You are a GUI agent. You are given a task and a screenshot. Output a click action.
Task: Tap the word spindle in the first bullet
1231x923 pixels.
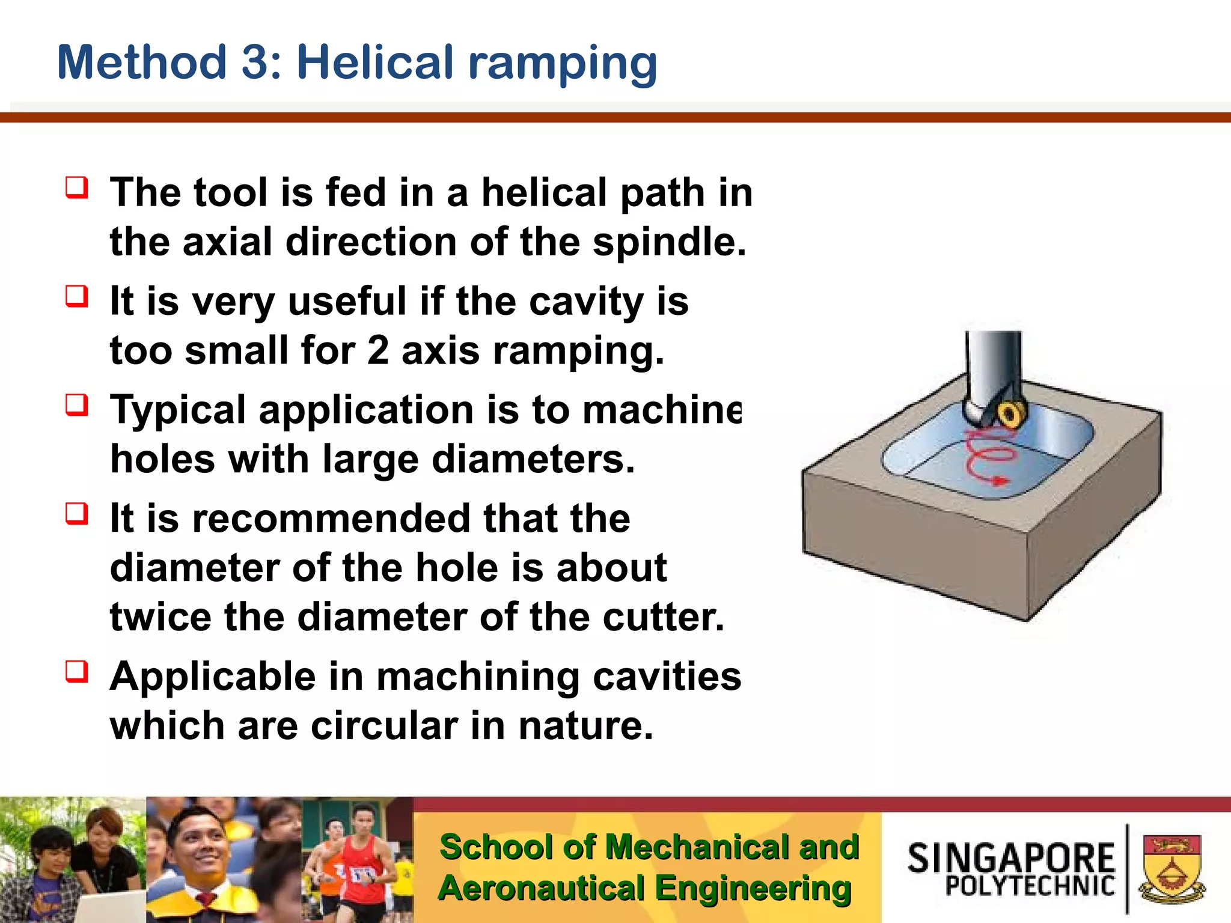[668, 242]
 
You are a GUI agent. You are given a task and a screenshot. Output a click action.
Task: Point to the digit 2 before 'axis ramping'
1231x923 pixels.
[377, 351]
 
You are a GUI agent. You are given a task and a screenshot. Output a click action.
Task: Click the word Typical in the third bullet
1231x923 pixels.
[178, 411]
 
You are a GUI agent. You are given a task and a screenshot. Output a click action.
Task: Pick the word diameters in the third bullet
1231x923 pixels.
[533, 460]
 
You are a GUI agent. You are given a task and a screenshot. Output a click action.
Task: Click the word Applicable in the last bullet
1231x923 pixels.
[213, 677]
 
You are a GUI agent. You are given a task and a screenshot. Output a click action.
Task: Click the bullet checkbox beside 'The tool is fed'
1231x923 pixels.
[77, 187]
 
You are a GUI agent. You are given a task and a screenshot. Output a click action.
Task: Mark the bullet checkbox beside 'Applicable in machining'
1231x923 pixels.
[77, 672]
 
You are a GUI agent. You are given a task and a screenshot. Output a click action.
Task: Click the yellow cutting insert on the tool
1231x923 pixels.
[1010, 414]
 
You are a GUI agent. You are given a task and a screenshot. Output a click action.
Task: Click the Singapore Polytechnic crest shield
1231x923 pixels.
[1171, 868]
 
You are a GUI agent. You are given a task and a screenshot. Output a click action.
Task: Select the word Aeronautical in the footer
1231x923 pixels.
[541, 889]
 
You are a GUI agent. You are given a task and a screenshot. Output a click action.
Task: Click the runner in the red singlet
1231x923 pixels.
[358, 859]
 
